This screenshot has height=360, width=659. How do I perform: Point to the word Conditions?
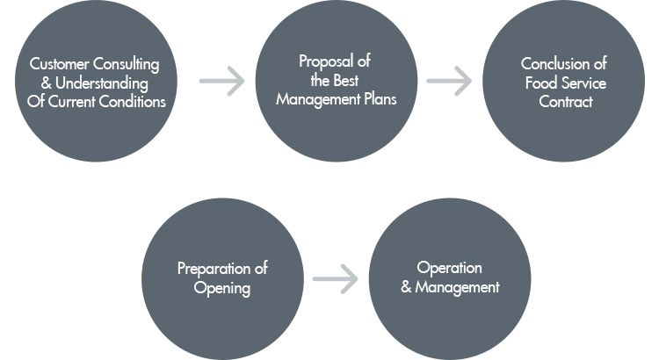pyautogui.click(x=133, y=101)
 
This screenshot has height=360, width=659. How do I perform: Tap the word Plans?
pyautogui.click(x=378, y=99)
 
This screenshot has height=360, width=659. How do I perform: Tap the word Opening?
pyautogui.click(x=222, y=287)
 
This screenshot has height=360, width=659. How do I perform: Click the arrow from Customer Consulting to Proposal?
pyautogui.click(x=221, y=82)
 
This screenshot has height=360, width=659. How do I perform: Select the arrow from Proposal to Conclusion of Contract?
pyautogui.click(x=449, y=82)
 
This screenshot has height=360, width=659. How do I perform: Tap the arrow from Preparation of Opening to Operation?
pyautogui.click(x=336, y=280)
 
